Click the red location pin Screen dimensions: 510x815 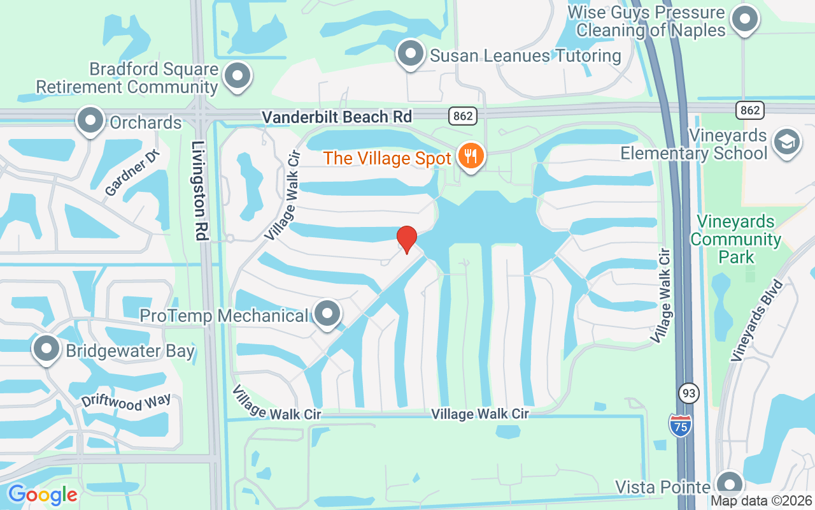[407, 239]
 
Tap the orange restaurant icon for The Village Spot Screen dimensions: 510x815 [471, 156]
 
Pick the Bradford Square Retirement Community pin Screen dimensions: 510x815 [237, 76]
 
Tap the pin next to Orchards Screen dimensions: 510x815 [90, 120]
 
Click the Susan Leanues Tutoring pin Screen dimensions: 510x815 [411, 54]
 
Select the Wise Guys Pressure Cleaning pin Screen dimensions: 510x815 [744, 20]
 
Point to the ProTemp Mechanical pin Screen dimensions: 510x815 [328, 314]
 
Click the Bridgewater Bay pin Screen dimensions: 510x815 [46, 349]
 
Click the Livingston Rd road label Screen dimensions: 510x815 [200, 191]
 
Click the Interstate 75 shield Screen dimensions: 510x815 [681, 425]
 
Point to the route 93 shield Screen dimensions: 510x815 [688, 393]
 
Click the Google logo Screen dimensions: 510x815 [43, 495]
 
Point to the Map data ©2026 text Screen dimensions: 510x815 [761, 500]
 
